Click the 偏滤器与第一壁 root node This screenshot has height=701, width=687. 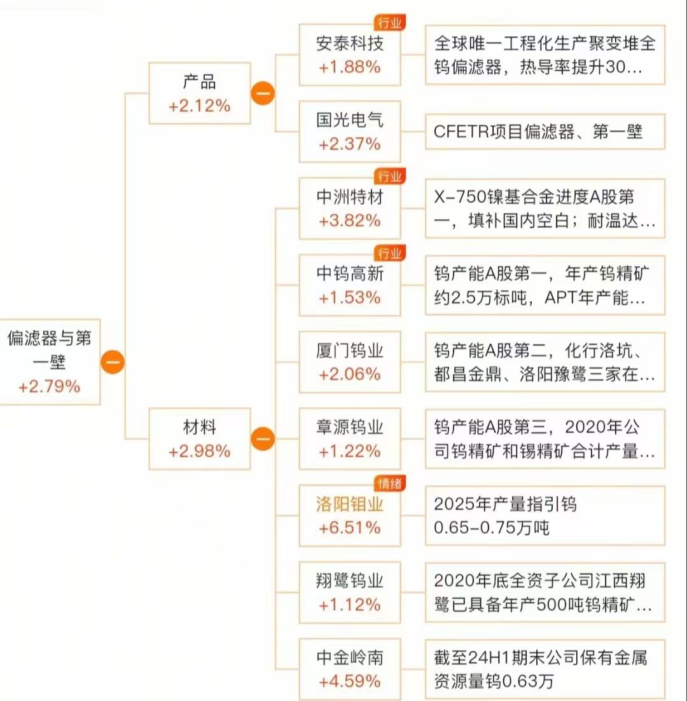49,361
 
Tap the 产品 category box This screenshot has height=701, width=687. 199,93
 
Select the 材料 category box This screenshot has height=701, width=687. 199,439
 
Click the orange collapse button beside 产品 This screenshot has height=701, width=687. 262,93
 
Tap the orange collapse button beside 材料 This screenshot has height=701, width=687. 262,439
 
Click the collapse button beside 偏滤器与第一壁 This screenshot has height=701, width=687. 112,362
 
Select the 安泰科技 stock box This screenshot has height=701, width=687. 350,55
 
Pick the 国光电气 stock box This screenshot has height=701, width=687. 350,132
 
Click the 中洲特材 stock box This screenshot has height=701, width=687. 350,208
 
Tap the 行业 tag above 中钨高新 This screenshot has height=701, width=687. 389,254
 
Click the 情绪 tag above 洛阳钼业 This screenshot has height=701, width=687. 389,484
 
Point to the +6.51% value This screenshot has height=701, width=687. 350,527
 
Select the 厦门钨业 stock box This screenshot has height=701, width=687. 350,362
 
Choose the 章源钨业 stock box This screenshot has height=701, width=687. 350,439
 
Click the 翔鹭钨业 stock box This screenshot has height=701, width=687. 350,592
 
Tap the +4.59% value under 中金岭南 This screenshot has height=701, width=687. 350,681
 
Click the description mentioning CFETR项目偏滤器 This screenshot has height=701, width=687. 545,132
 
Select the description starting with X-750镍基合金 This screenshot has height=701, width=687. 545,208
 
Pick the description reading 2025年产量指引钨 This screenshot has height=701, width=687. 545,515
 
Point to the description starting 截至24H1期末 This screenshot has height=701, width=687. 545,669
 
